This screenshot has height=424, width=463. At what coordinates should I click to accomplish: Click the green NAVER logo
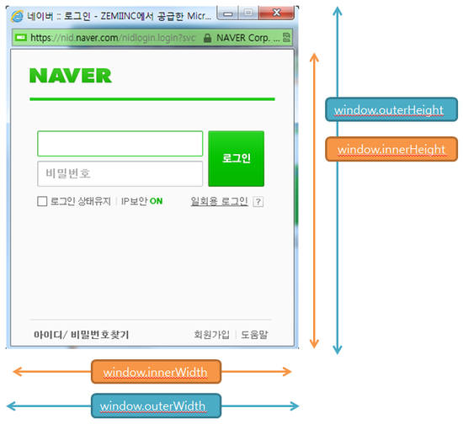(x=71, y=76)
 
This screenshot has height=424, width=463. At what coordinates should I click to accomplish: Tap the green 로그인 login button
(x=237, y=158)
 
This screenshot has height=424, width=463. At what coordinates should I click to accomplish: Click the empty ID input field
(x=120, y=143)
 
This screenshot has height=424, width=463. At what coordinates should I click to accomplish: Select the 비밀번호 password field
(x=120, y=174)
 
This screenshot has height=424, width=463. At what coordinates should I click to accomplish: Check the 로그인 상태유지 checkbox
(x=42, y=201)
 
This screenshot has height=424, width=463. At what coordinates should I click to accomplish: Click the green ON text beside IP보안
(x=157, y=201)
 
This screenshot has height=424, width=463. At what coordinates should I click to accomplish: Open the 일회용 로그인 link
(x=220, y=201)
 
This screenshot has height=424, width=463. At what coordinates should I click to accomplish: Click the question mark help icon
(x=258, y=202)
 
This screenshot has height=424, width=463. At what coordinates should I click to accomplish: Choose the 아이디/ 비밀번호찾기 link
(x=81, y=335)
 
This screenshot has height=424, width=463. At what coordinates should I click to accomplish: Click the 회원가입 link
(x=211, y=335)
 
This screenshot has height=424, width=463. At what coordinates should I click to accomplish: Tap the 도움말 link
(x=254, y=335)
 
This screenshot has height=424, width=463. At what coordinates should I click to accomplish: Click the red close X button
(x=277, y=13)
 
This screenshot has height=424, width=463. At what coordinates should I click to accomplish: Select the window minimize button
(x=227, y=13)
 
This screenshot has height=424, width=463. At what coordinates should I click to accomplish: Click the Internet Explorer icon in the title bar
(x=17, y=16)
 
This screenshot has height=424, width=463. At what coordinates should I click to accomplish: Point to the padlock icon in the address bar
(x=208, y=38)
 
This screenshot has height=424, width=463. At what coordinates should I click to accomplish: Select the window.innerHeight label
(x=391, y=149)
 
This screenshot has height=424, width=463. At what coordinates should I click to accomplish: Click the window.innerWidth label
(x=156, y=372)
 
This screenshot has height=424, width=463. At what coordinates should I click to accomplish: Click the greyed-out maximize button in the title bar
(x=248, y=13)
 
